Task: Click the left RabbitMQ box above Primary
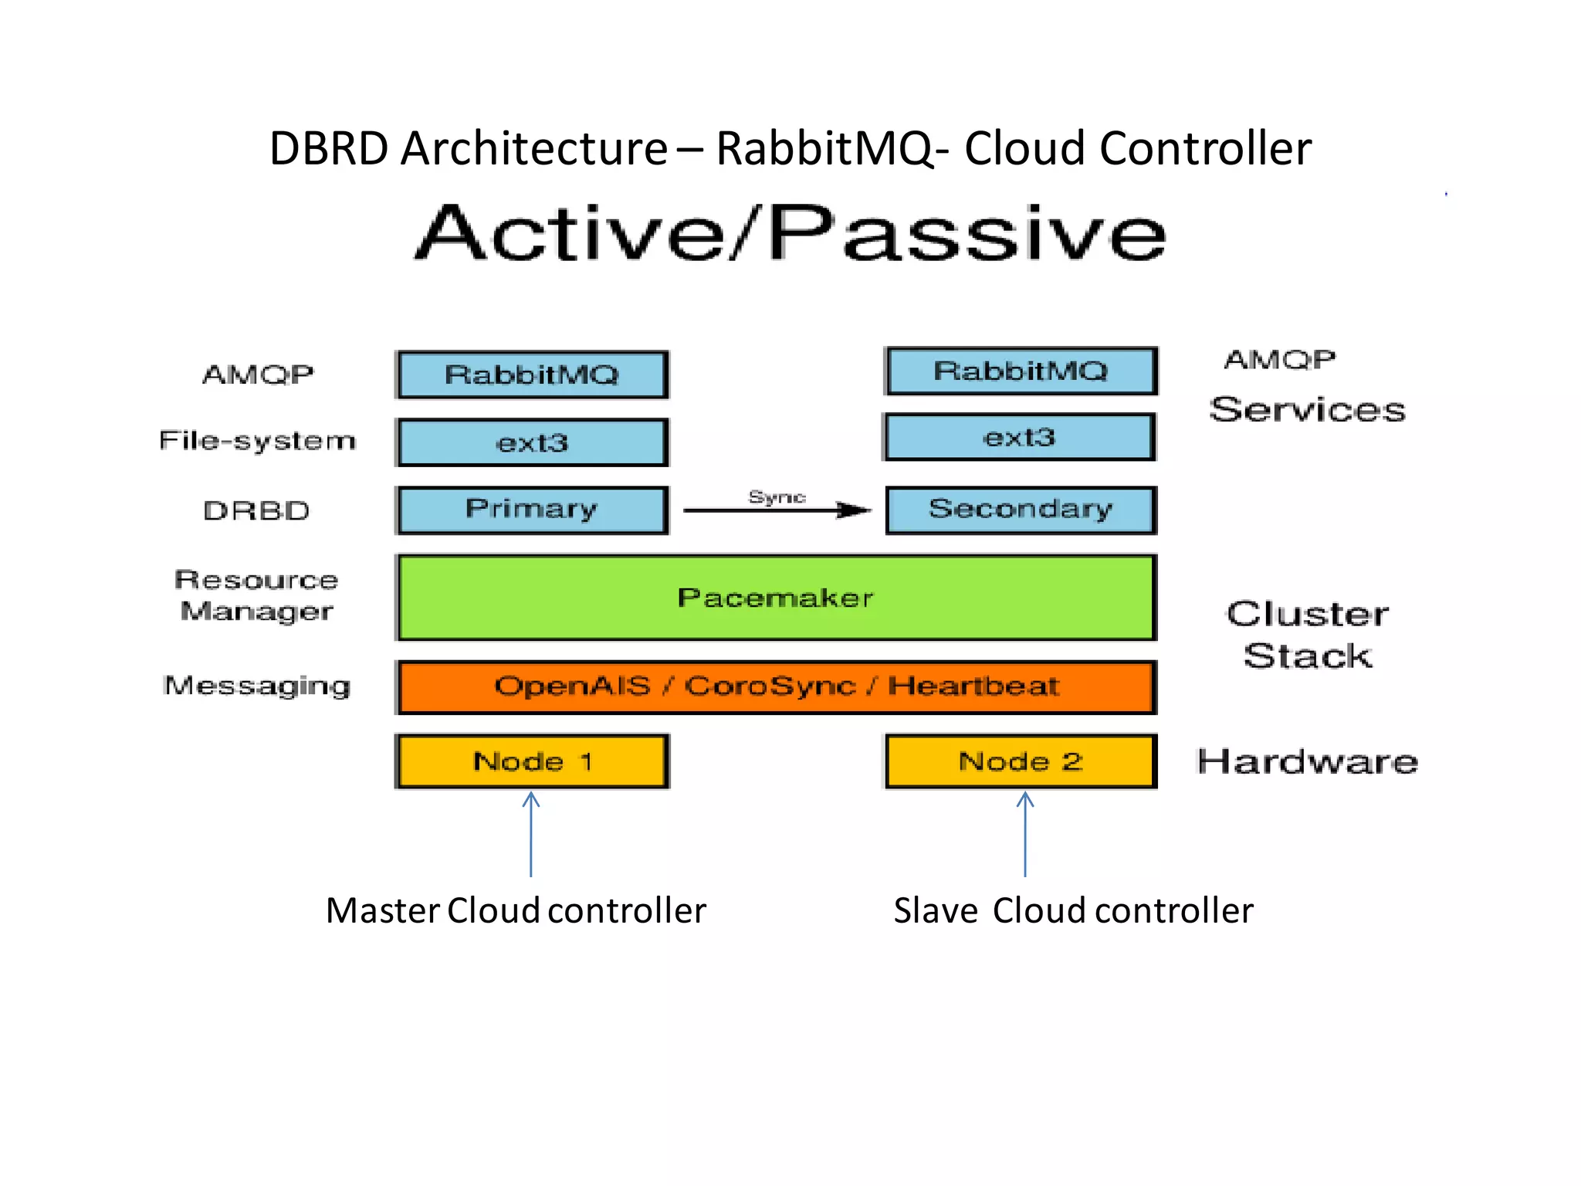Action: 532,375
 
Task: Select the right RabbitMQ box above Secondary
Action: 1021,371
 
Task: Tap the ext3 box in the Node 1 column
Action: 532,442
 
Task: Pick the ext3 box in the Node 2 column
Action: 1019,438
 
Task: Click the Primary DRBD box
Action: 532,510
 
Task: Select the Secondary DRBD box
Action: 1021,510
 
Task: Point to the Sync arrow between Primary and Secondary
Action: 777,510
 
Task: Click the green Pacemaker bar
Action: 776,598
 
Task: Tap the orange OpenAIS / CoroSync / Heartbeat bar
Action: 776,686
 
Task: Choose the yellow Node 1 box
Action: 532,761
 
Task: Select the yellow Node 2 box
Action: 1021,761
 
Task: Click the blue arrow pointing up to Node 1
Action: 531,834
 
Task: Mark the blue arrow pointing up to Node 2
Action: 1025,834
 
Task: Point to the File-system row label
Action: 257,441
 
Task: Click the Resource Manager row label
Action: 256,595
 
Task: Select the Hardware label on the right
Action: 1307,762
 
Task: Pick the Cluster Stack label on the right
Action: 1307,635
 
